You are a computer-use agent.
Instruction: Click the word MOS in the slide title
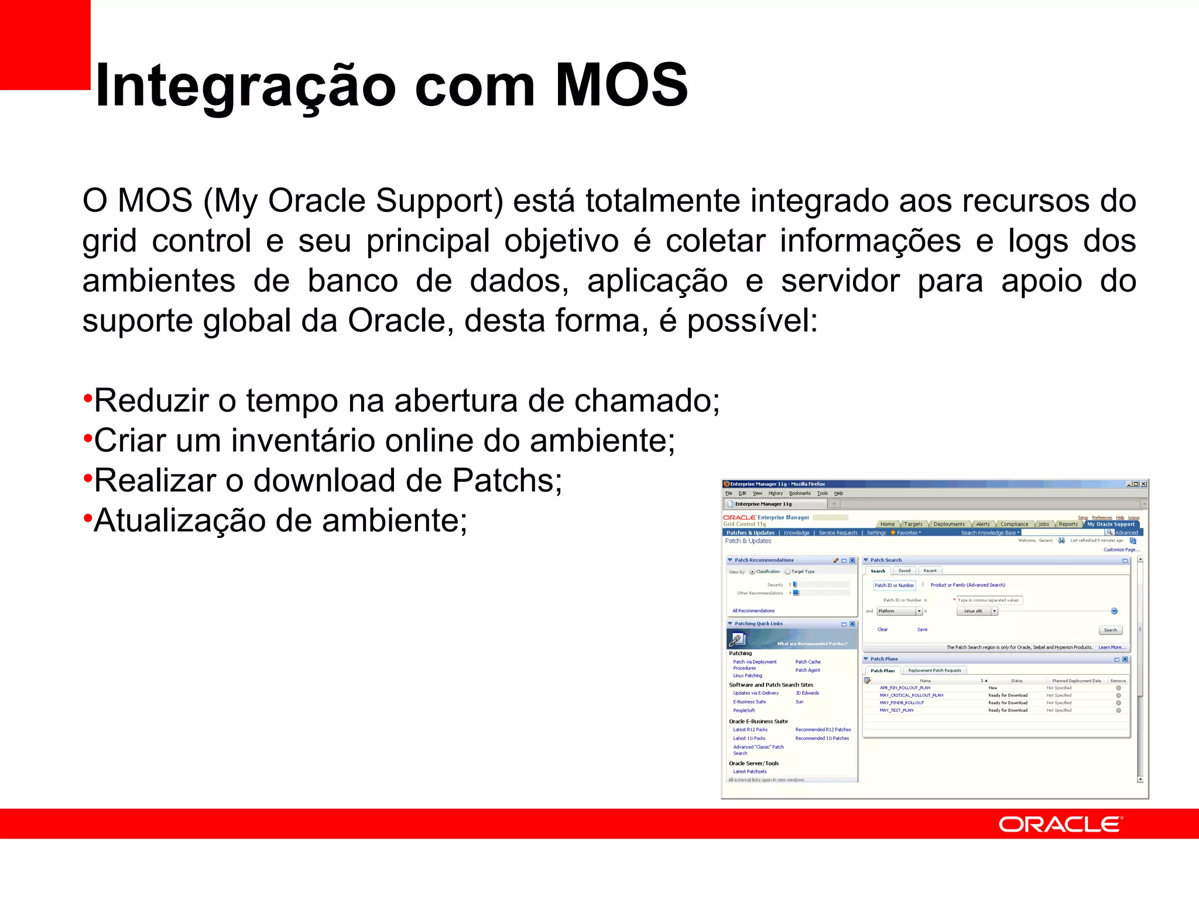click(x=621, y=85)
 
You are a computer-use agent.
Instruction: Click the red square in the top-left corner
click(x=44, y=44)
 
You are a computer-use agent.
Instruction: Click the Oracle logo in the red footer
click(x=1060, y=825)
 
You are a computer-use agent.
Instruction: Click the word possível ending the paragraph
click(x=752, y=321)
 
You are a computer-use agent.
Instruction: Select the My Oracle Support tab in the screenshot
click(x=1111, y=524)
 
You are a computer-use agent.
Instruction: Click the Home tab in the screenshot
click(x=888, y=524)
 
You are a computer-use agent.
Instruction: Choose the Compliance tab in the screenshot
click(x=1014, y=524)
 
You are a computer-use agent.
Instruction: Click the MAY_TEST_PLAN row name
click(x=896, y=711)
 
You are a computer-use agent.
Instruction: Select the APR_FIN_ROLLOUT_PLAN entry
click(x=905, y=688)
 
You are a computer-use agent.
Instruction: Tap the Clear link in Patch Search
click(x=882, y=630)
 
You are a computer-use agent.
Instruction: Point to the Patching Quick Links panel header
click(x=759, y=624)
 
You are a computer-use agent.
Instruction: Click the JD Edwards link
click(x=807, y=693)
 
